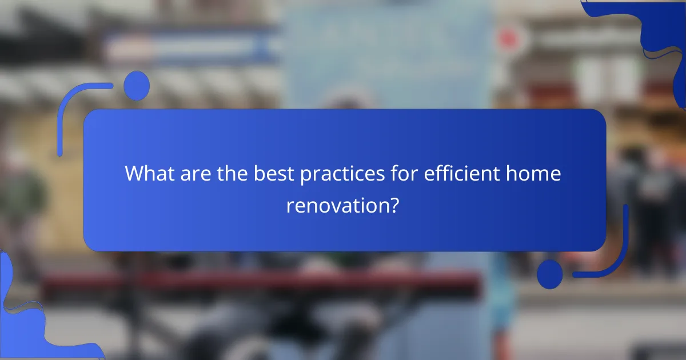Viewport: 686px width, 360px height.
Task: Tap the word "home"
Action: [x=536, y=174]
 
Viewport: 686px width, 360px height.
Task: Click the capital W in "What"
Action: [x=133, y=174]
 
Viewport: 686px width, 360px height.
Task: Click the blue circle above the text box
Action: [x=136, y=86]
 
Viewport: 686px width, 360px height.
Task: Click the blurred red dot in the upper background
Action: [x=508, y=39]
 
